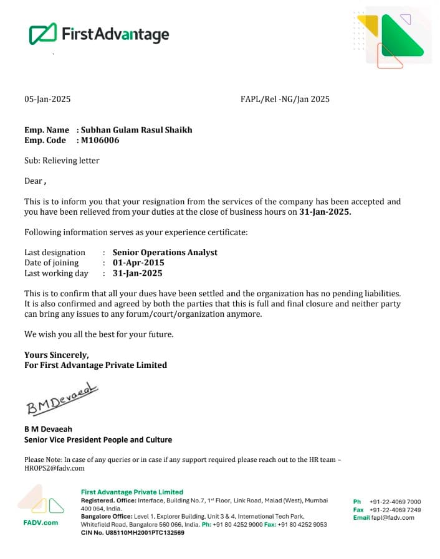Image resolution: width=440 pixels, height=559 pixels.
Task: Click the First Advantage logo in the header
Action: (99, 34)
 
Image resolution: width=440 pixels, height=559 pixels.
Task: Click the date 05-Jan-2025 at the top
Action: (47, 99)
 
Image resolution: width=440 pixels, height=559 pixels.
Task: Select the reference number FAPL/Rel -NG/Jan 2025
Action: (285, 99)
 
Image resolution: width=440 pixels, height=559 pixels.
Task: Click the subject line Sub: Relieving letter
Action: (62, 161)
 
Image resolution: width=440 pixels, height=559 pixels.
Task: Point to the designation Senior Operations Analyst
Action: (165, 252)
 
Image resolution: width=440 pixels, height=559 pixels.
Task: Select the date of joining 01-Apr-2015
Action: (138, 263)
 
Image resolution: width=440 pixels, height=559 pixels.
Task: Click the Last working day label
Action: (56, 273)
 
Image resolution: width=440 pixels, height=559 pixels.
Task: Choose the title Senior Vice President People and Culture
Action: (98, 439)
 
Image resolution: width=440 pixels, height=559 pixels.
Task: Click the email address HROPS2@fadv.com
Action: (54, 467)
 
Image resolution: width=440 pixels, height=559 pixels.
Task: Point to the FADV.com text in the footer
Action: (41, 522)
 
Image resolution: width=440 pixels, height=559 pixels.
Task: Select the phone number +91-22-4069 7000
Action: (395, 501)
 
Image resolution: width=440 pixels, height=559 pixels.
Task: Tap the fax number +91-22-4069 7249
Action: (395, 509)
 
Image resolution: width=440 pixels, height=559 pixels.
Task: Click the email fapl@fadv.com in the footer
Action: (393, 517)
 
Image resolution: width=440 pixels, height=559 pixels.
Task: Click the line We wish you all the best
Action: (98, 334)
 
